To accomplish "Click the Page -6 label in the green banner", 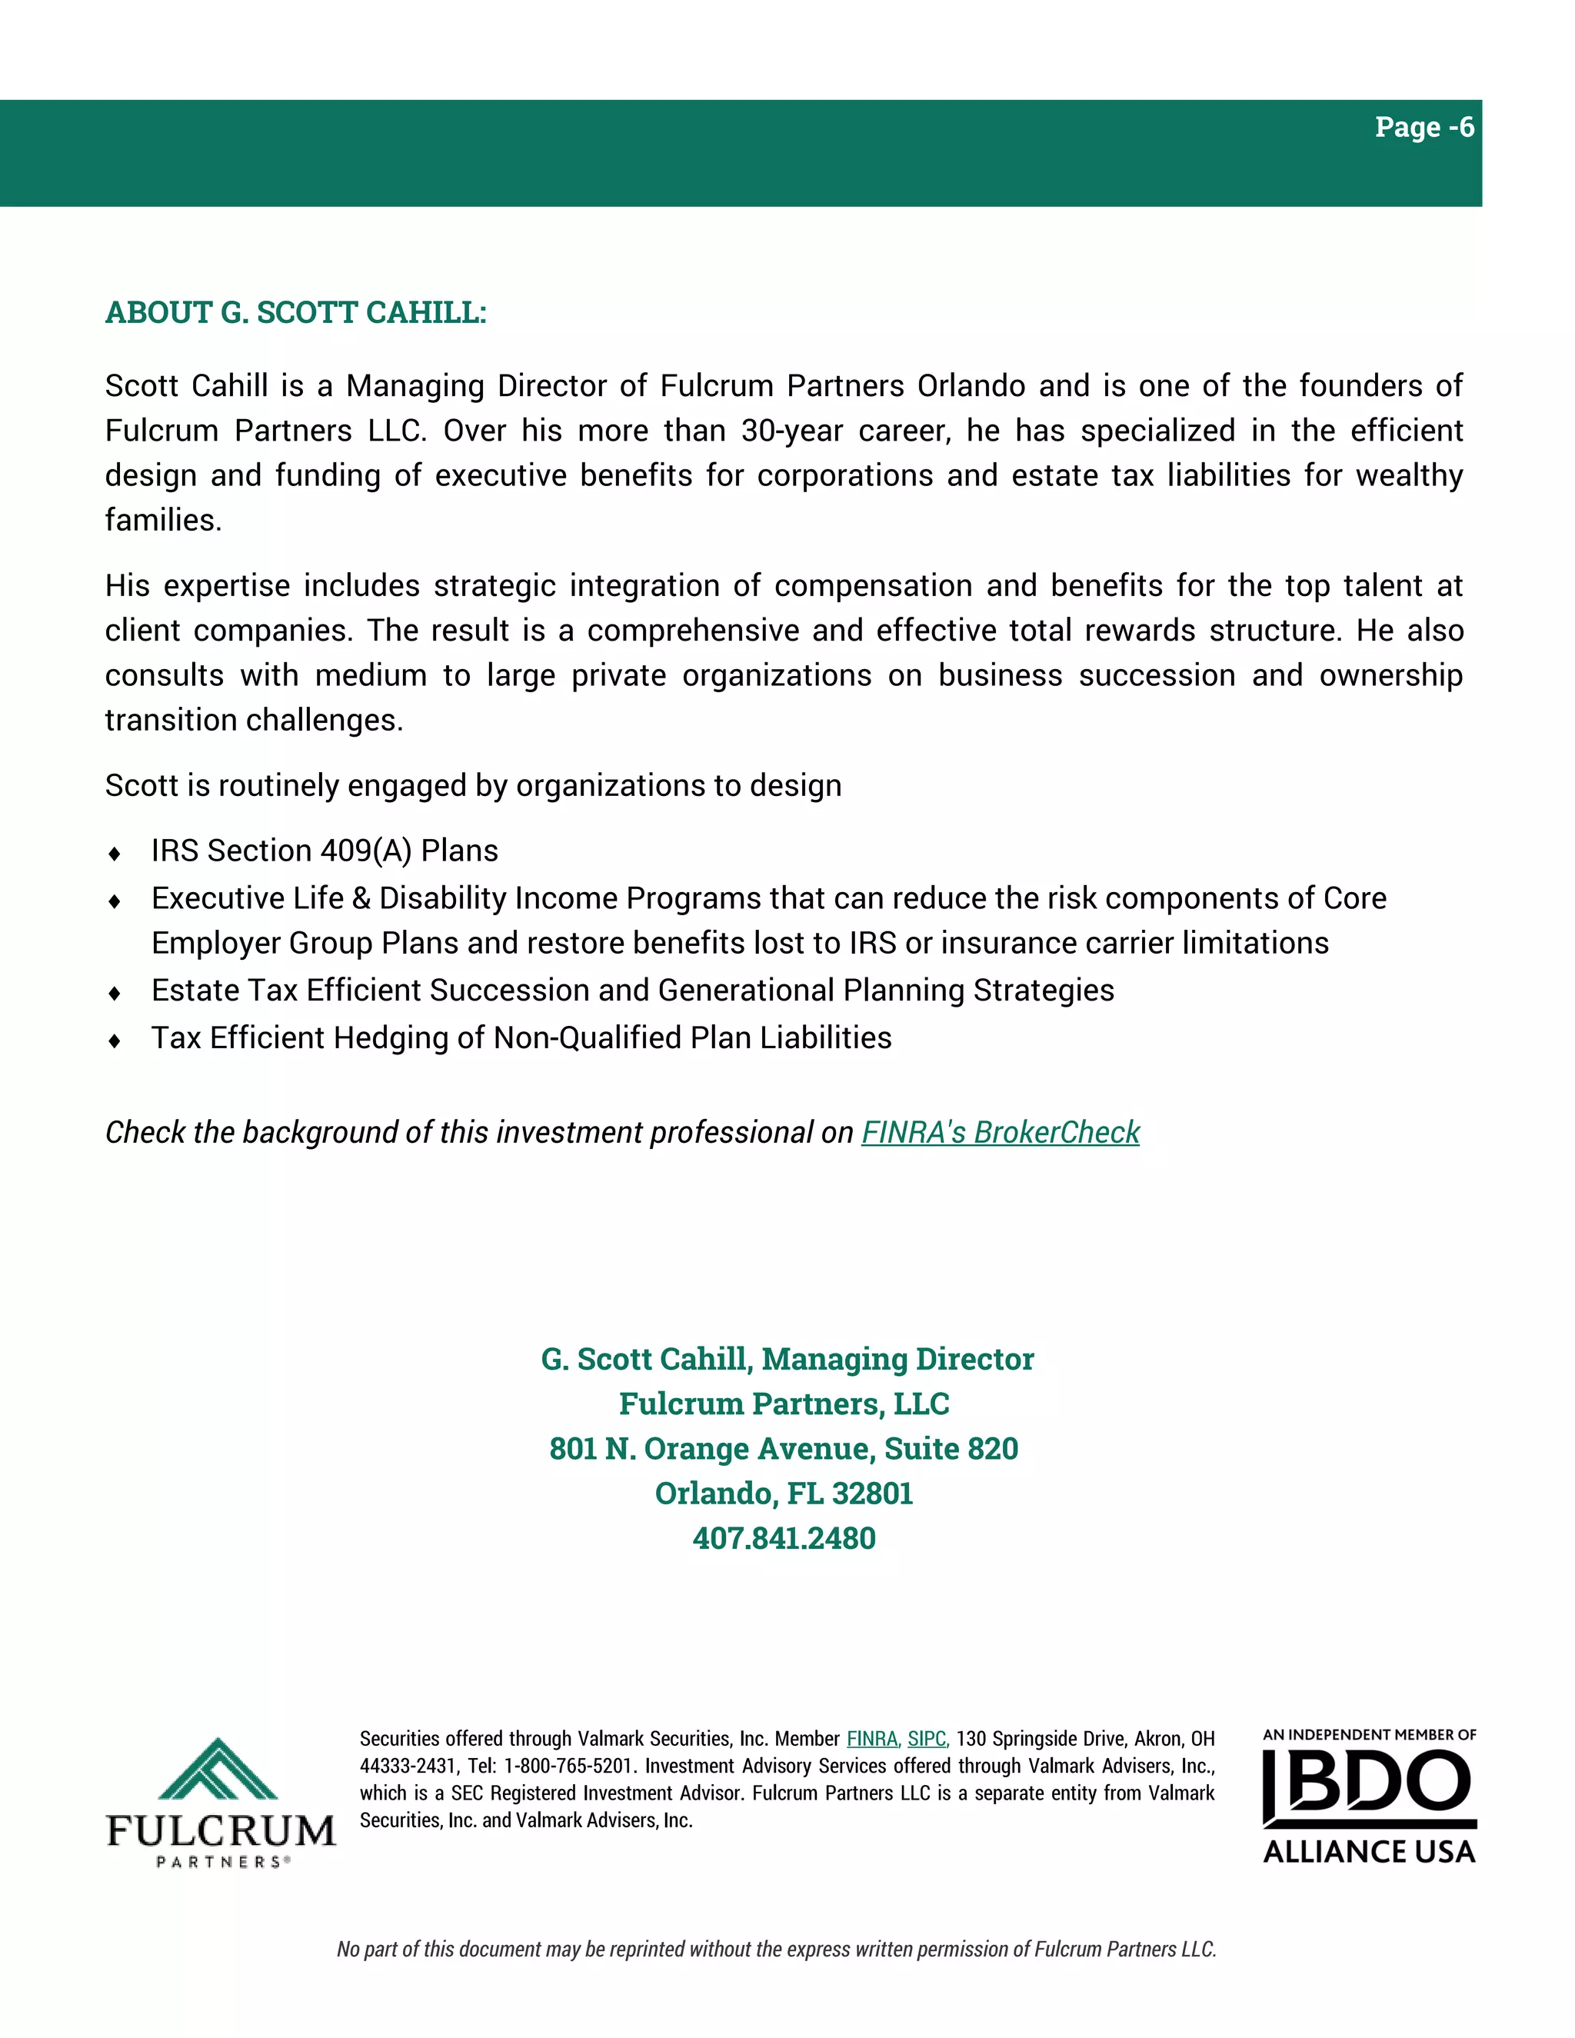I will tap(1423, 127).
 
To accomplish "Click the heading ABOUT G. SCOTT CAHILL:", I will tap(296, 312).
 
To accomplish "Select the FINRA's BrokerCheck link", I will tap(1001, 1132).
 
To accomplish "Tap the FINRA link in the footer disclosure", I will tap(872, 1739).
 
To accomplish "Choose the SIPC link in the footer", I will tap(927, 1739).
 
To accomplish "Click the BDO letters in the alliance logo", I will tap(1370, 1783).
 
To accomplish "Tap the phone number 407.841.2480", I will tap(784, 1538).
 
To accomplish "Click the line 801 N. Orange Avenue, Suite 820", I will tap(784, 1448).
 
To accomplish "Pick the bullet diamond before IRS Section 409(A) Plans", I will tap(115, 853).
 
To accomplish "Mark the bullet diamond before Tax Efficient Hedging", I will tap(115, 1041).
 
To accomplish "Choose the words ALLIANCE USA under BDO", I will tap(1369, 1851).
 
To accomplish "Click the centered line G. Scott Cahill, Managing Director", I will tap(787, 1359).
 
